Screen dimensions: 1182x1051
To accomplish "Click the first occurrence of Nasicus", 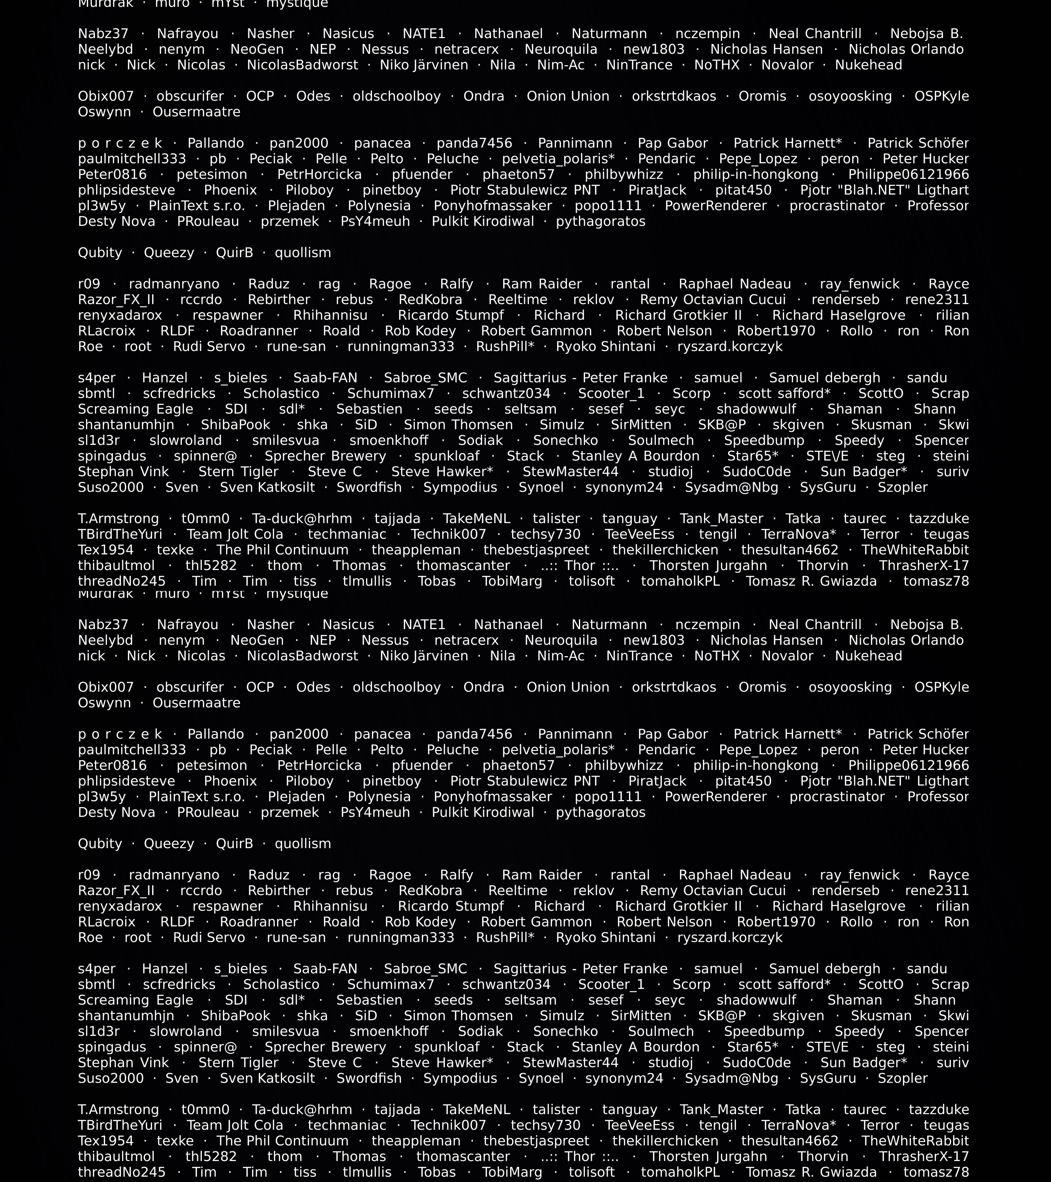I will click(348, 34).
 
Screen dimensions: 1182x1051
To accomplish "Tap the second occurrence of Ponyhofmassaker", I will click(493, 797).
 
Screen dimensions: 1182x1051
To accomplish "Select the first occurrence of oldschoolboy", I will click(397, 97).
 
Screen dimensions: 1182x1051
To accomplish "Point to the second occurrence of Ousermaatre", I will click(197, 703).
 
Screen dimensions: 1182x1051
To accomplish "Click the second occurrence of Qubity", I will click(100, 844).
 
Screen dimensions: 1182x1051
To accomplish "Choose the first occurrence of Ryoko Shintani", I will click(606, 347).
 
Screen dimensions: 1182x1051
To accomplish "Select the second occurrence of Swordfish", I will click(369, 1079).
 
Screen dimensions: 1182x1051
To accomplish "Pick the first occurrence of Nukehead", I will click(868, 65).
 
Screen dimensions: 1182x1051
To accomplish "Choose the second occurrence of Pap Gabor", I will click(673, 734).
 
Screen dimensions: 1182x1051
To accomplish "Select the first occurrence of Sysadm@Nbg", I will click(732, 488).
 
